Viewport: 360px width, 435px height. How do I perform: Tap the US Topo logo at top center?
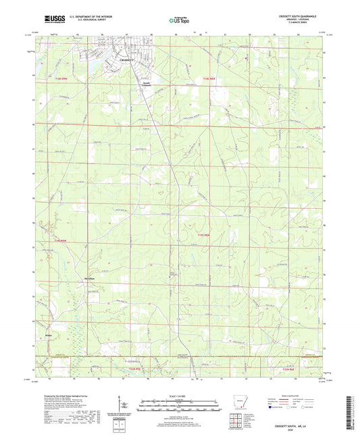[x=178, y=22]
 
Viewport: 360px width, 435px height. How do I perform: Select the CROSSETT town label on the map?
[x=126, y=61]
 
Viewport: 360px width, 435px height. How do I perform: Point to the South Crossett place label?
[x=147, y=84]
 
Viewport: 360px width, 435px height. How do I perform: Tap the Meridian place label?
[x=88, y=278]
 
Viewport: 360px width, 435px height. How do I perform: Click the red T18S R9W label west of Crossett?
[x=62, y=80]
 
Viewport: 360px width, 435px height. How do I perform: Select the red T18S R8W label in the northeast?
[x=210, y=80]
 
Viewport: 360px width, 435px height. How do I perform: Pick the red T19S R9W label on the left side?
[x=61, y=240]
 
